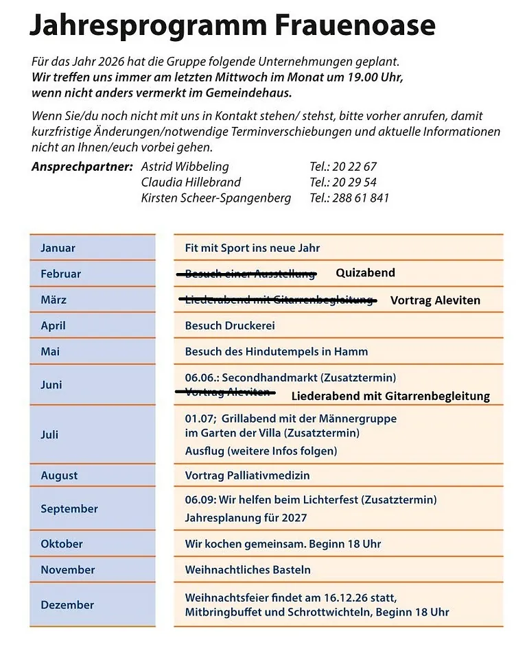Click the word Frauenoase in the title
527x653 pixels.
click(355, 25)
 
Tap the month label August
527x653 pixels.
click(59, 475)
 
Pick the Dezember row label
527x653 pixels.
click(67, 604)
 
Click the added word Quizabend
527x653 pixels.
click(365, 273)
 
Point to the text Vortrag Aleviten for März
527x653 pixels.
click(435, 300)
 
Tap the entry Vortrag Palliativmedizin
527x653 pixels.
click(247, 475)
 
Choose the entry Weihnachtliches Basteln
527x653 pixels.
click(248, 569)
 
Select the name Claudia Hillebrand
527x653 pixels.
click(191, 182)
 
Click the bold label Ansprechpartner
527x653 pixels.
click(82, 167)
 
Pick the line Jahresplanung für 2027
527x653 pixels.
click(246, 518)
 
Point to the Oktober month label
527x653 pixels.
click(62, 544)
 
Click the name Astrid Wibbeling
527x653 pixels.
click(185, 167)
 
